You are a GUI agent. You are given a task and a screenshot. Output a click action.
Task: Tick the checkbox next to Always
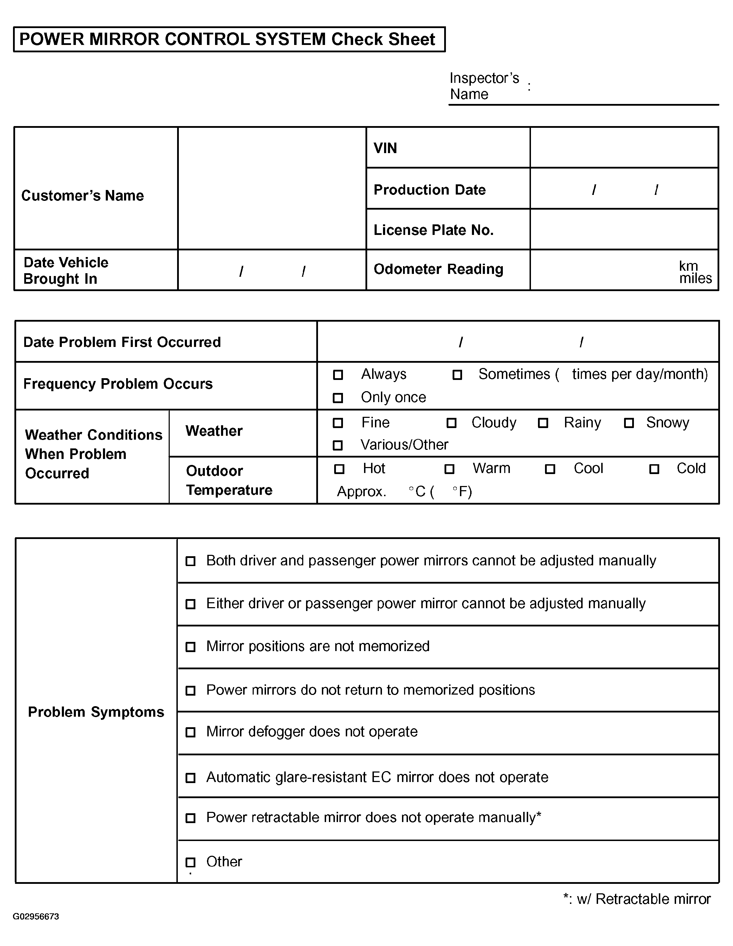click(338, 375)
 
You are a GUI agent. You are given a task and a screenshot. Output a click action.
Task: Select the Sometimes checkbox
click(457, 375)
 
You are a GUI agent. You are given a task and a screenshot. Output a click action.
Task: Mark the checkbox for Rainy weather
click(543, 423)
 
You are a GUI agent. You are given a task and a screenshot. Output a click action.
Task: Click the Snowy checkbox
click(629, 423)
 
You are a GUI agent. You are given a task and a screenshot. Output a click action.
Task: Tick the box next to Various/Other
click(338, 445)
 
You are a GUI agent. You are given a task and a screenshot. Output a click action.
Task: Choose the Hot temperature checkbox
click(339, 469)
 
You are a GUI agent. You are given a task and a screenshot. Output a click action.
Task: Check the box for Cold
click(654, 469)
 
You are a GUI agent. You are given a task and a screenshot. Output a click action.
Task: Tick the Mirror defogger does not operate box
click(190, 732)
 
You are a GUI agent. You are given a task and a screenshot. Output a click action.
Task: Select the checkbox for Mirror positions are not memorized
click(190, 647)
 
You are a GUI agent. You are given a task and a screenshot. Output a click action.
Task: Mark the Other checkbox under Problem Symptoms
click(190, 862)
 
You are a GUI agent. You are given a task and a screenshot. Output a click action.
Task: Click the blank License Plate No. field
click(624, 230)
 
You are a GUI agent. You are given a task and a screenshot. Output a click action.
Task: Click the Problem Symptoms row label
click(96, 712)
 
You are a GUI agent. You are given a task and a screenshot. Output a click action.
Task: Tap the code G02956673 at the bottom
click(36, 917)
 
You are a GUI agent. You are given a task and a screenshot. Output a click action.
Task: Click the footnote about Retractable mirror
click(637, 899)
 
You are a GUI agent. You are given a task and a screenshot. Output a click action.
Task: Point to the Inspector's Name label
click(484, 86)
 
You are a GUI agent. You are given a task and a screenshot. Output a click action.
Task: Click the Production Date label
click(429, 190)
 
